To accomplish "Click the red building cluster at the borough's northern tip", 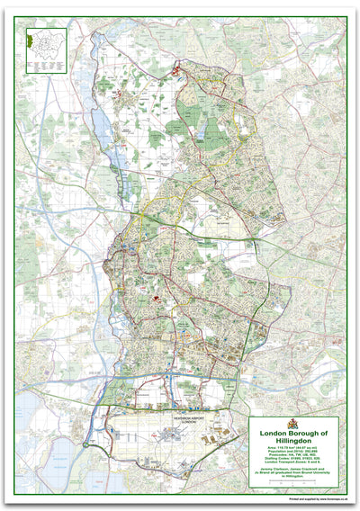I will [177, 69].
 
